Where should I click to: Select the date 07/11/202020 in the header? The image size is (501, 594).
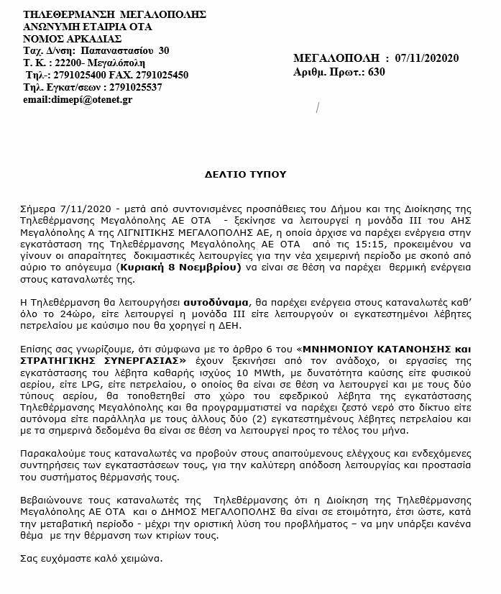click(x=427, y=59)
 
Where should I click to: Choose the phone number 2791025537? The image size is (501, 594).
click(x=132, y=87)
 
